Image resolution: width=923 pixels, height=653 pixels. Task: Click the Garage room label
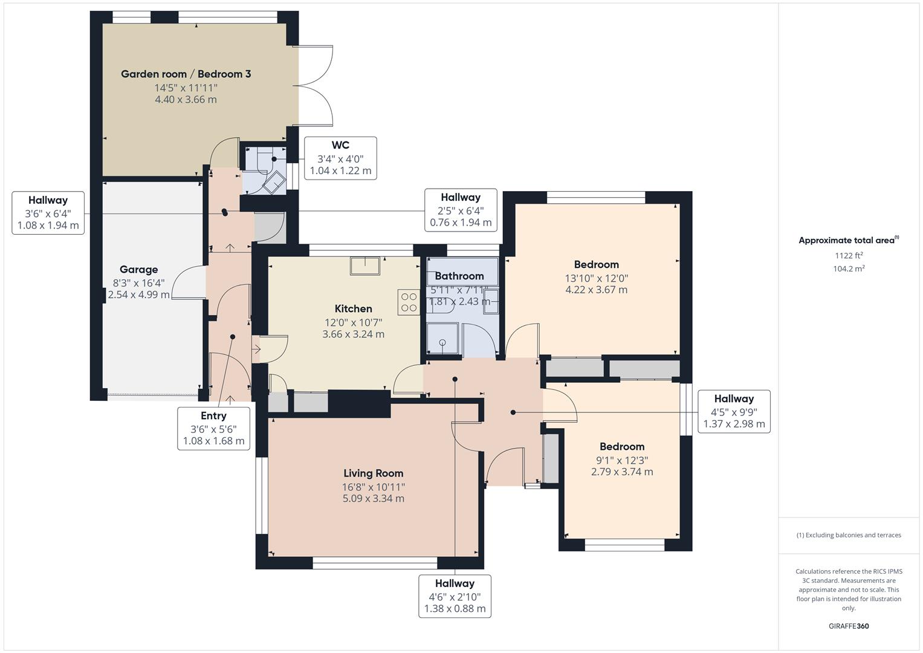[x=138, y=269]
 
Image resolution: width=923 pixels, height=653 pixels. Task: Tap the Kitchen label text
[x=353, y=308]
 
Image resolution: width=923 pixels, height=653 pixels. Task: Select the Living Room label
[x=374, y=473]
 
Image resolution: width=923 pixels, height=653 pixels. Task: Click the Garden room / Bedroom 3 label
[x=186, y=74]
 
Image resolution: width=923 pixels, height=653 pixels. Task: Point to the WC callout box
[x=340, y=158]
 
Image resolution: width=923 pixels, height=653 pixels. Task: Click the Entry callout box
[x=213, y=428]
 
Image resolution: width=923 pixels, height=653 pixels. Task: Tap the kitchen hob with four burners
[x=409, y=302]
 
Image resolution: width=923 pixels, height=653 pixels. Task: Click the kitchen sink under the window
[x=365, y=266]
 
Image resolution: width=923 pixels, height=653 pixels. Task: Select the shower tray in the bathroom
[x=442, y=339]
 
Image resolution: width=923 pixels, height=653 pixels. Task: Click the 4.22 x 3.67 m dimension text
[x=596, y=290]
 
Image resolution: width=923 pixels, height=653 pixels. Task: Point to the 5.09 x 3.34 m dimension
[x=374, y=498]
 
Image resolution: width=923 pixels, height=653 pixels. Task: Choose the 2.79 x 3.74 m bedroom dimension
[x=622, y=472]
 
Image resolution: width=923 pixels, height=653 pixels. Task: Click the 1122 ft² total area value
[x=849, y=256]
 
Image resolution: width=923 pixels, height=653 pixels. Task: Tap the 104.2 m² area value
[x=849, y=269]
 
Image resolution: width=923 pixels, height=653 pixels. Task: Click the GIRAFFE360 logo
[x=849, y=626]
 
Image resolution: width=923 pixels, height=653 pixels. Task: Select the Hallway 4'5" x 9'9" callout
[x=734, y=411]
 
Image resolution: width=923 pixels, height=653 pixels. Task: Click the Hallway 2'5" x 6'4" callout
[x=461, y=210]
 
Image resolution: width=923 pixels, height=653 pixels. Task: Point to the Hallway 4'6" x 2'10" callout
[x=455, y=596]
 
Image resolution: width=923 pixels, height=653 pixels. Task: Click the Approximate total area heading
[x=849, y=240]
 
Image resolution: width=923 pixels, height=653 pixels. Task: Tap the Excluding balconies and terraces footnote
[x=849, y=535]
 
